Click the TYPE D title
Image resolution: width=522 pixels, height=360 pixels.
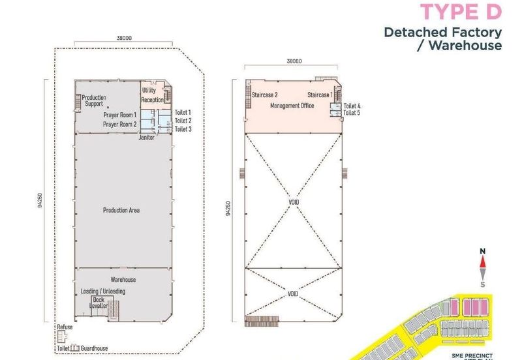pos(461,12)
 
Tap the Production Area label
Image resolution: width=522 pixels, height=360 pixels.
pos(121,210)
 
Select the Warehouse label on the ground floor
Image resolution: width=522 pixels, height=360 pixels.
pos(123,280)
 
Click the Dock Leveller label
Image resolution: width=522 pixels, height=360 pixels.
pos(99,303)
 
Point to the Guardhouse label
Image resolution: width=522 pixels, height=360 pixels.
pos(95,349)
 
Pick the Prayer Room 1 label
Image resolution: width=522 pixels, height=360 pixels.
pos(120,115)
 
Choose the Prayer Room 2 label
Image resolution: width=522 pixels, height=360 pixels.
pos(120,124)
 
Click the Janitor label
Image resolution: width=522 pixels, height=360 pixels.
pos(147,138)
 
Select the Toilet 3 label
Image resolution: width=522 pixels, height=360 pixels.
pos(182,129)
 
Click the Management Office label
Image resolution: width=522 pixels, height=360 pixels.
pos(292,106)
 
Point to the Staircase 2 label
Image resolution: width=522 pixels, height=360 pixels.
pos(265,95)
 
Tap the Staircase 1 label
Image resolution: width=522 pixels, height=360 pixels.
pos(320,95)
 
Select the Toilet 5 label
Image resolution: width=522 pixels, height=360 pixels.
pos(352,113)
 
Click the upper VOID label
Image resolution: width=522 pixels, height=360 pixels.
pos(294,202)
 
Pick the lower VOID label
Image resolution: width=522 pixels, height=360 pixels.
pos(294,294)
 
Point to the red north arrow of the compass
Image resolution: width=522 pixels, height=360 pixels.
pos(482,262)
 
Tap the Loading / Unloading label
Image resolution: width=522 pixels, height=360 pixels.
pos(103,291)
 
